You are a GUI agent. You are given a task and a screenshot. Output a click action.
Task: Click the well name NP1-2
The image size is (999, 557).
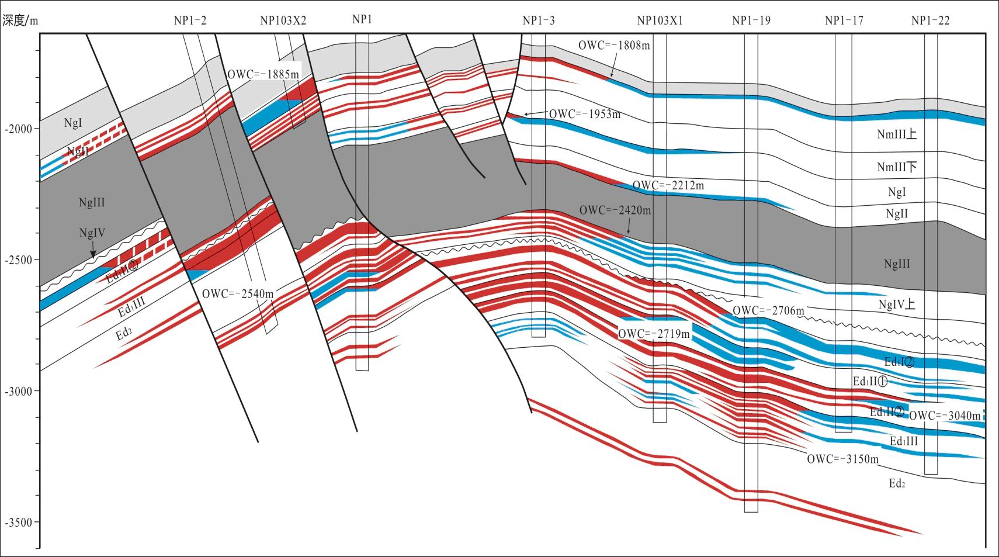tap(190, 21)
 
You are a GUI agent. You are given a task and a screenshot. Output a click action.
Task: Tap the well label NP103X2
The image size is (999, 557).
tap(283, 21)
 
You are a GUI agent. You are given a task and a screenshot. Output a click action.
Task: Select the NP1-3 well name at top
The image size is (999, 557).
tap(538, 21)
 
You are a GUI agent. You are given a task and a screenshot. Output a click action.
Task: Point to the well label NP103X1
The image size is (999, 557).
tap(660, 21)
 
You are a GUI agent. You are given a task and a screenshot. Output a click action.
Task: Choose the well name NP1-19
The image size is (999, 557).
tap(751, 21)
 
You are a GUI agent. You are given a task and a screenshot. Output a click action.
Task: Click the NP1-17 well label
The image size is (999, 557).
tap(844, 21)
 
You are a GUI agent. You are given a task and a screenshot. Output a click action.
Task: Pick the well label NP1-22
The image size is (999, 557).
tap(930, 21)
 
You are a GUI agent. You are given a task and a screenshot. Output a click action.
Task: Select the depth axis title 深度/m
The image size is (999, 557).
tap(20, 21)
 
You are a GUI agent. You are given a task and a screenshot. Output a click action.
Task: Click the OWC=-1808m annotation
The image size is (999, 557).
tap(614, 45)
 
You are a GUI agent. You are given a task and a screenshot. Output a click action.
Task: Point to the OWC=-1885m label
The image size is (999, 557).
tap(263, 74)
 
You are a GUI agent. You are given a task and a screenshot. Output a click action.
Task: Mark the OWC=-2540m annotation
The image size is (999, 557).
tap(237, 293)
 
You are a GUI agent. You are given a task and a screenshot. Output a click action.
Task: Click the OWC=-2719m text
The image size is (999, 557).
tap(654, 334)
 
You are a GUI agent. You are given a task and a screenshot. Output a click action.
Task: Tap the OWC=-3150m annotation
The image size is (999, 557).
tap(842, 459)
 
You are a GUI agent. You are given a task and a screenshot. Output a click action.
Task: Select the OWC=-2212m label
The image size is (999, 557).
tap(668, 186)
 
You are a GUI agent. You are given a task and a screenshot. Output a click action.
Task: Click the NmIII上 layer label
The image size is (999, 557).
tap(896, 134)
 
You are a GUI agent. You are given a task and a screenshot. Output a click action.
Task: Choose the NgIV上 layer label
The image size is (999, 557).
tap(896, 305)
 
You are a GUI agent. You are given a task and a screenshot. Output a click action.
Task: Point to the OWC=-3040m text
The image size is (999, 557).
tap(945, 416)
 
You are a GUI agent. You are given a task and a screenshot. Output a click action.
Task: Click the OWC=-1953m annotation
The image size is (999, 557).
tap(584, 114)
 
